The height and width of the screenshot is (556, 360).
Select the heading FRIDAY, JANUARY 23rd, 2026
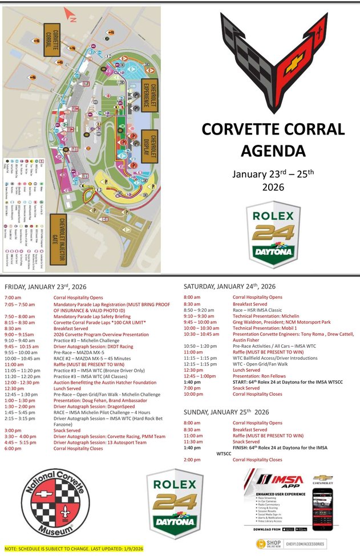click(45, 286)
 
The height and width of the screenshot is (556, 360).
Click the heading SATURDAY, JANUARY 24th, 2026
click(229, 286)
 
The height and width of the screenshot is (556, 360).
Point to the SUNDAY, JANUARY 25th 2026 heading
click(226, 412)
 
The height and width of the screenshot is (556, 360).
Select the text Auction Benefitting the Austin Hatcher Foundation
click(105, 383)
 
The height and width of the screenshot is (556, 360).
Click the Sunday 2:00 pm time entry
click(192, 460)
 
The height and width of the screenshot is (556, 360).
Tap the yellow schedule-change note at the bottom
click(74, 548)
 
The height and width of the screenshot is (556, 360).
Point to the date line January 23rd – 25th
click(273, 173)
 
